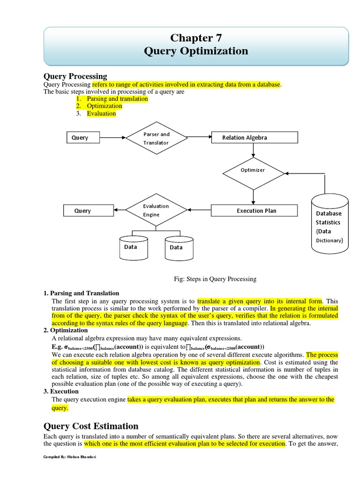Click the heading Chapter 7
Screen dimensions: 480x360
coord(196,38)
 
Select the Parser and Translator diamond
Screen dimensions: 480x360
coord(156,138)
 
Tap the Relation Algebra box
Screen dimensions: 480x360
coord(254,137)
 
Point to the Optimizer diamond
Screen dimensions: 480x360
coord(253,170)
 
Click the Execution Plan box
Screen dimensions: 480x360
coord(254,210)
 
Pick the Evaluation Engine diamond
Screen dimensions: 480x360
coord(156,210)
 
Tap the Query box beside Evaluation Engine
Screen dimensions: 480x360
coord(83,211)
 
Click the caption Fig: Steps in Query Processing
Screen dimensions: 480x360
coord(215,279)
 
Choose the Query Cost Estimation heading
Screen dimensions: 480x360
coord(91,426)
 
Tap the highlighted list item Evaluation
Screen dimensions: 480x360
coord(101,113)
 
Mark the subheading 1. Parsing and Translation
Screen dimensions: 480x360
coord(81,293)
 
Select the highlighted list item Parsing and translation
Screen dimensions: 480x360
coord(117,99)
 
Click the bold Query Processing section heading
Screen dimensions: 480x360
coord(75,76)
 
